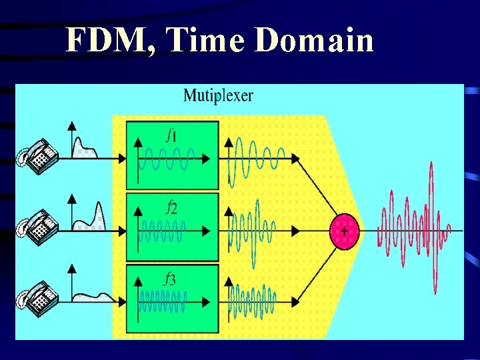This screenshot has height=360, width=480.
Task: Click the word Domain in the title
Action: point(313,41)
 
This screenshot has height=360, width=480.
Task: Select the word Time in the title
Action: point(208,41)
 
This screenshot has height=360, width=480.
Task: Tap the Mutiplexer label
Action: point(218,95)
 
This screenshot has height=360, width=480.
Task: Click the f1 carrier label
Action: point(171,135)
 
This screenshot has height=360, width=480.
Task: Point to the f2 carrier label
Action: point(171,207)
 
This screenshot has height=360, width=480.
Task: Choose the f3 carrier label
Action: point(171,279)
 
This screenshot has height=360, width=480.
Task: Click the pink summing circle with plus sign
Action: point(344,231)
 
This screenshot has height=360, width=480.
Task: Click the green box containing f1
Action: point(173,155)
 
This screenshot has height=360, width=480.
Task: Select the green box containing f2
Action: point(173,227)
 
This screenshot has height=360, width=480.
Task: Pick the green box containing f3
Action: point(173,297)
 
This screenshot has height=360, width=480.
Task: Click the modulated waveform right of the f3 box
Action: point(253,300)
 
